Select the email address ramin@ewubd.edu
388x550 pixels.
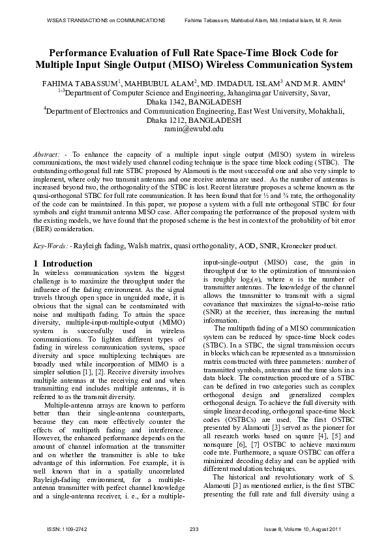click(194, 130)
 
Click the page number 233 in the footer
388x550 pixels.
click(194, 528)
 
